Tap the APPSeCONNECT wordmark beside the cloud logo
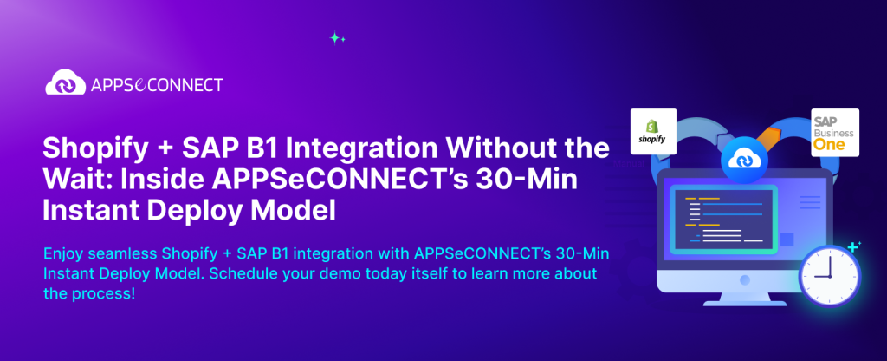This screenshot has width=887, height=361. [156, 85]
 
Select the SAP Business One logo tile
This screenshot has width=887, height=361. [834, 131]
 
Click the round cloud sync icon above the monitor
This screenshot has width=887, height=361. [743, 159]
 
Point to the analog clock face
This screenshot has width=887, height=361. [827, 271]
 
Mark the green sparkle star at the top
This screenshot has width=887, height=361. [337, 37]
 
